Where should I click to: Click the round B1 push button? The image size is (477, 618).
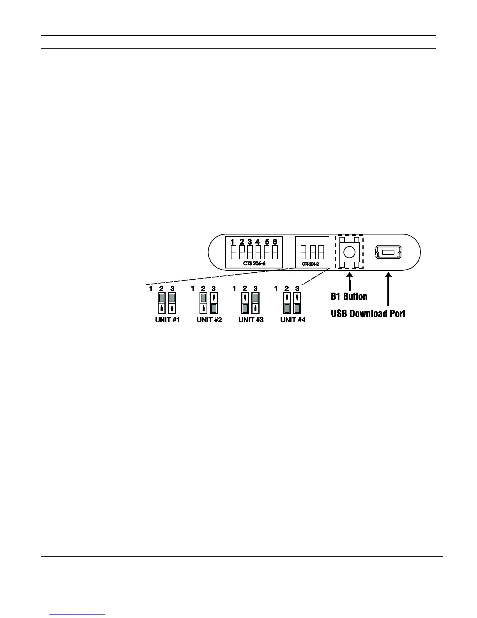(x=349, y=252)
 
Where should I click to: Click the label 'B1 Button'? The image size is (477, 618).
(x=349, y=297)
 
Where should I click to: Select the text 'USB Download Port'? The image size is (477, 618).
(x=368, y=314)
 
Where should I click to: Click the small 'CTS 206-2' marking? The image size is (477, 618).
(x=311, y=264)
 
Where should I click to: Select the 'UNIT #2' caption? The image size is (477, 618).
(x=209, y=320)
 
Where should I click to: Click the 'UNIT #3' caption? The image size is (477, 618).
(x=251, y=320)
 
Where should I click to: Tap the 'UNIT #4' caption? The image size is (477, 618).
(x=293, y=320)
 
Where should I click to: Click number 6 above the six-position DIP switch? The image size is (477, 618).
(x=275, y=242)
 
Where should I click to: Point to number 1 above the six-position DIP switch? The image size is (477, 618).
(x=232, y=242)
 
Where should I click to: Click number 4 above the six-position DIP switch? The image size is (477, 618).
(x=258, y=242)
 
